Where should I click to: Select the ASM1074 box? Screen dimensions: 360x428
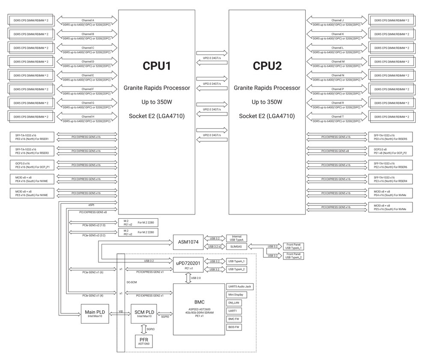(188, 242)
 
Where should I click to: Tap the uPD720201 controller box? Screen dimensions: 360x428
(188, 265)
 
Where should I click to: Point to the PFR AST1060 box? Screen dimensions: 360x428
(143, 341)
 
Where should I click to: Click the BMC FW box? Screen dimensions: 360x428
(234, 319)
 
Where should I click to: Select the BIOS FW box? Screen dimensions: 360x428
(234, 327)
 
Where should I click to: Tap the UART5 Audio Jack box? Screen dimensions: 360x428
(239, 286)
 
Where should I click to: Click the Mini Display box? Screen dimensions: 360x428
(236, 295)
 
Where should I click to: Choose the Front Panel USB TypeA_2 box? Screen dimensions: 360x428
(294, 256)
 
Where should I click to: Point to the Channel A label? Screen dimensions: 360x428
(87, 20)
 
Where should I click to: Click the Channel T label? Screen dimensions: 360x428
(337, 116)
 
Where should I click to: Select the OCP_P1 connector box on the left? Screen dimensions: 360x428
(32, 165)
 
